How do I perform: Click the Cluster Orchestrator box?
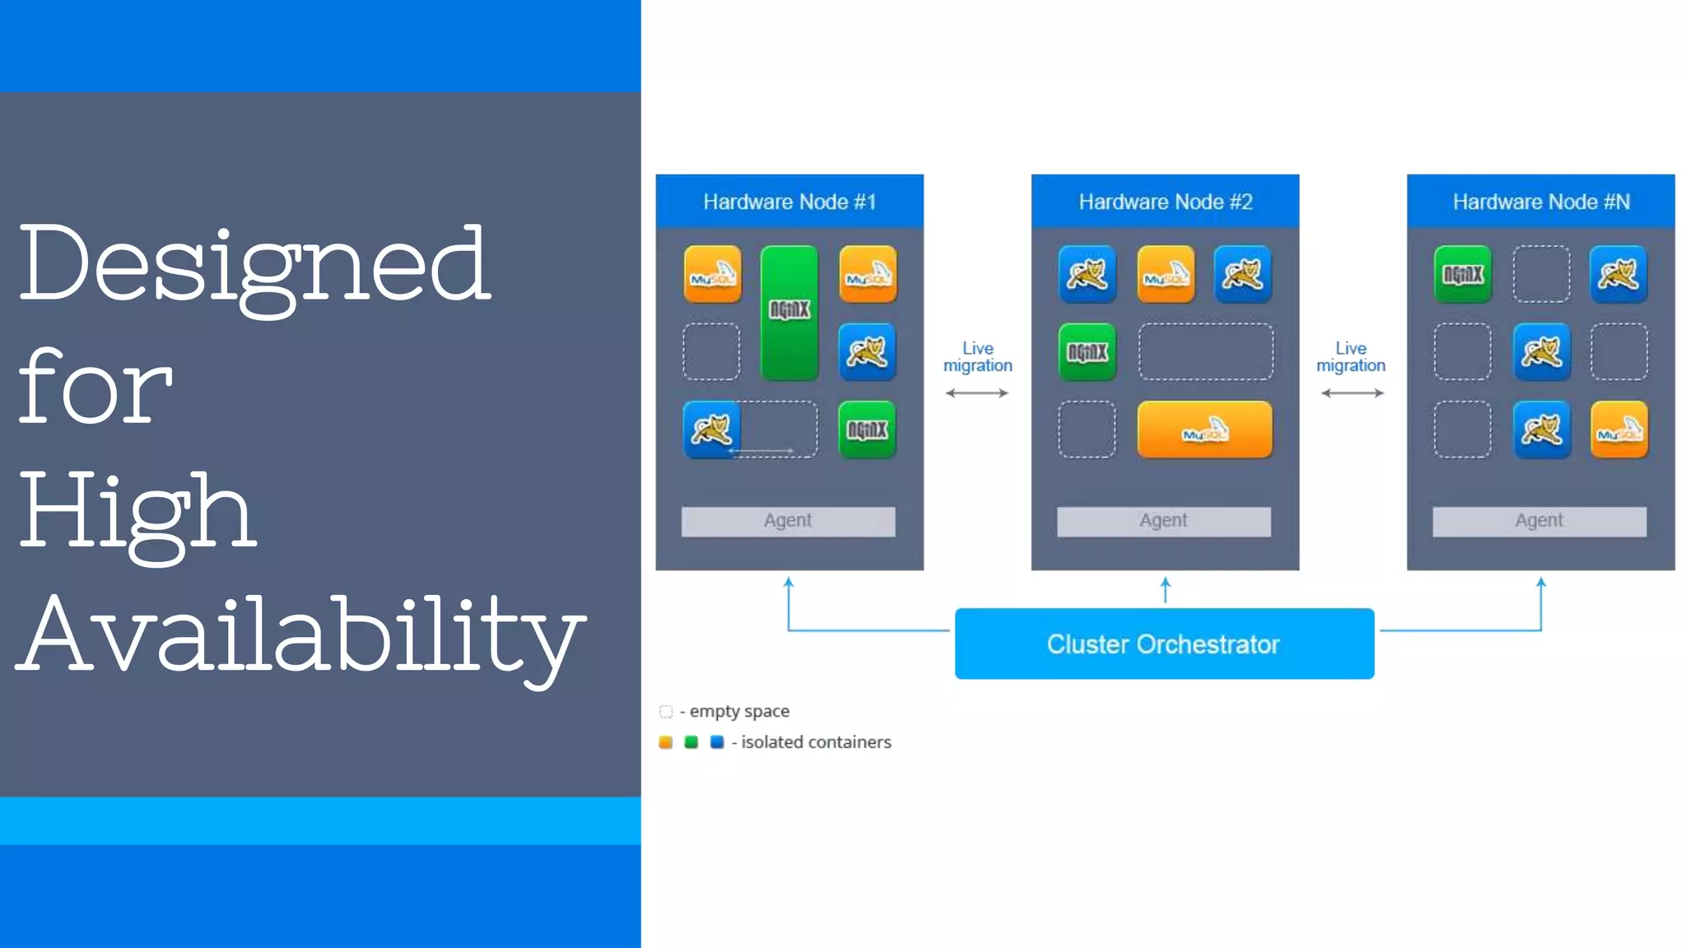1163,644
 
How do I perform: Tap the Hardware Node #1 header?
789,202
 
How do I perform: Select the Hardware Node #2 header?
1165,202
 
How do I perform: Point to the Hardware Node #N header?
1540,202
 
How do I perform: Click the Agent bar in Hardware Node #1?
788,521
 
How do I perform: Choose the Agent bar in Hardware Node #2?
1163,521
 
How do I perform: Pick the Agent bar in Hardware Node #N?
1539,521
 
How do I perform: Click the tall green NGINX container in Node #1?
789,313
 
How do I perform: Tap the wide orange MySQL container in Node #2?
1204,430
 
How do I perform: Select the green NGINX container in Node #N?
1462,274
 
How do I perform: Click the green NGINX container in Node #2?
1087,352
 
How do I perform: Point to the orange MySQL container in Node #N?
1618,430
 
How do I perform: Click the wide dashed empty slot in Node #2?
1205,352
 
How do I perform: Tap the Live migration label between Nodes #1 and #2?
977,357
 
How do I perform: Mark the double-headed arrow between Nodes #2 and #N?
1352,393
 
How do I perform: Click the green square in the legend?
692,742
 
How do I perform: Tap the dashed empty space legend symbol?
666,711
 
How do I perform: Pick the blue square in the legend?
717,742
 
